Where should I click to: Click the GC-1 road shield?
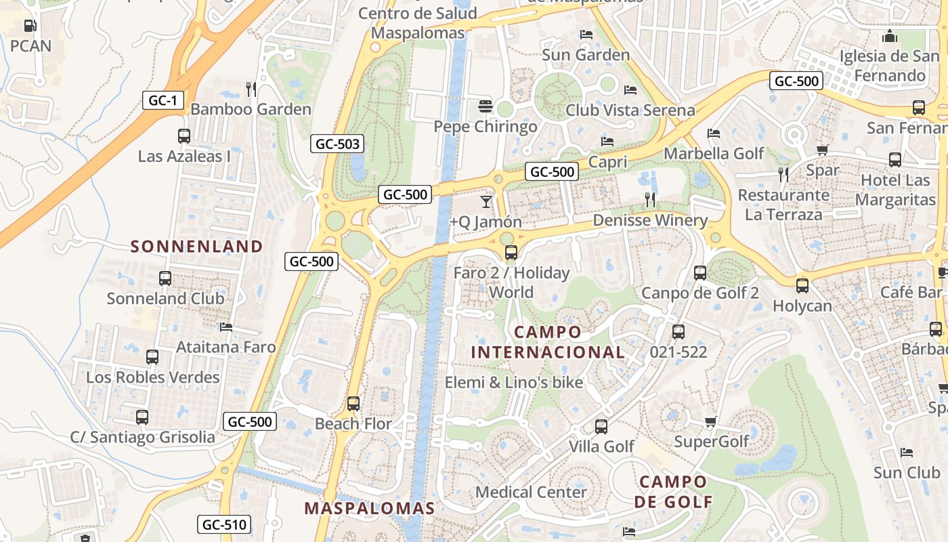[163, 101]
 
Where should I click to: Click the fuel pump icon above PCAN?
[30, 26]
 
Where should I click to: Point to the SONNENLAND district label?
[196, 247]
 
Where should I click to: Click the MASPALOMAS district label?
[369, 508]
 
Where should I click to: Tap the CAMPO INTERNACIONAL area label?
[548, 342]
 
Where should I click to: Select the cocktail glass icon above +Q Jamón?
[486, 201]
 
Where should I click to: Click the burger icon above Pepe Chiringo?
[486, 106]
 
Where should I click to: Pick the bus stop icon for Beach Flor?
[353, 404]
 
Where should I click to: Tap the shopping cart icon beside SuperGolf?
[710, 422]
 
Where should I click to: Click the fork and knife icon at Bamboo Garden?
[251, 89]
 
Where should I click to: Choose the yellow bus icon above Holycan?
[802, 285]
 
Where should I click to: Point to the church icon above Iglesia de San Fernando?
[890, 36]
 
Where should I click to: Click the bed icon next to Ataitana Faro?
[226, 327]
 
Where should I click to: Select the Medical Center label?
[531, 492]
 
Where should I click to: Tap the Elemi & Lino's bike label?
[513, 382]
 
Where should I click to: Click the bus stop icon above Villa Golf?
[601, 427]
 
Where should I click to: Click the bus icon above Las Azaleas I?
[184, 136]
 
